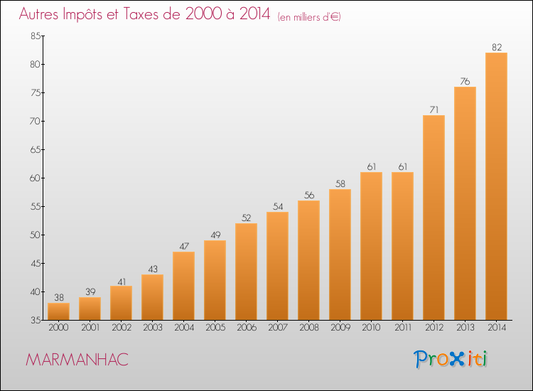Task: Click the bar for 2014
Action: click(x=496, y=186)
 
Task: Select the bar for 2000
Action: click(x=58, y=311)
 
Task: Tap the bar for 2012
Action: click(x=434, y=218)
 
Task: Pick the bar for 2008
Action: click(x=308, y=260)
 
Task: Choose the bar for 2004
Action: click(x=183, y=286)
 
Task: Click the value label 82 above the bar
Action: click(x=496, y=48)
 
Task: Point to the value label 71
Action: click(x=434, y=110)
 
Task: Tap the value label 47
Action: click(x=183, y=247)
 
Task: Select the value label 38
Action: click(x=58, y=298)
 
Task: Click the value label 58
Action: click(x=340, y=184)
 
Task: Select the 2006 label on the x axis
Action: click(x=246, y=328)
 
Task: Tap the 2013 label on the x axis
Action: click(x=465, y=328)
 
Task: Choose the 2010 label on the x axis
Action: click(x=371, y=328)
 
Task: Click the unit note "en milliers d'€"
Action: click(x=309, y=17)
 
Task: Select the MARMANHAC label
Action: click(x=77, y=360)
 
